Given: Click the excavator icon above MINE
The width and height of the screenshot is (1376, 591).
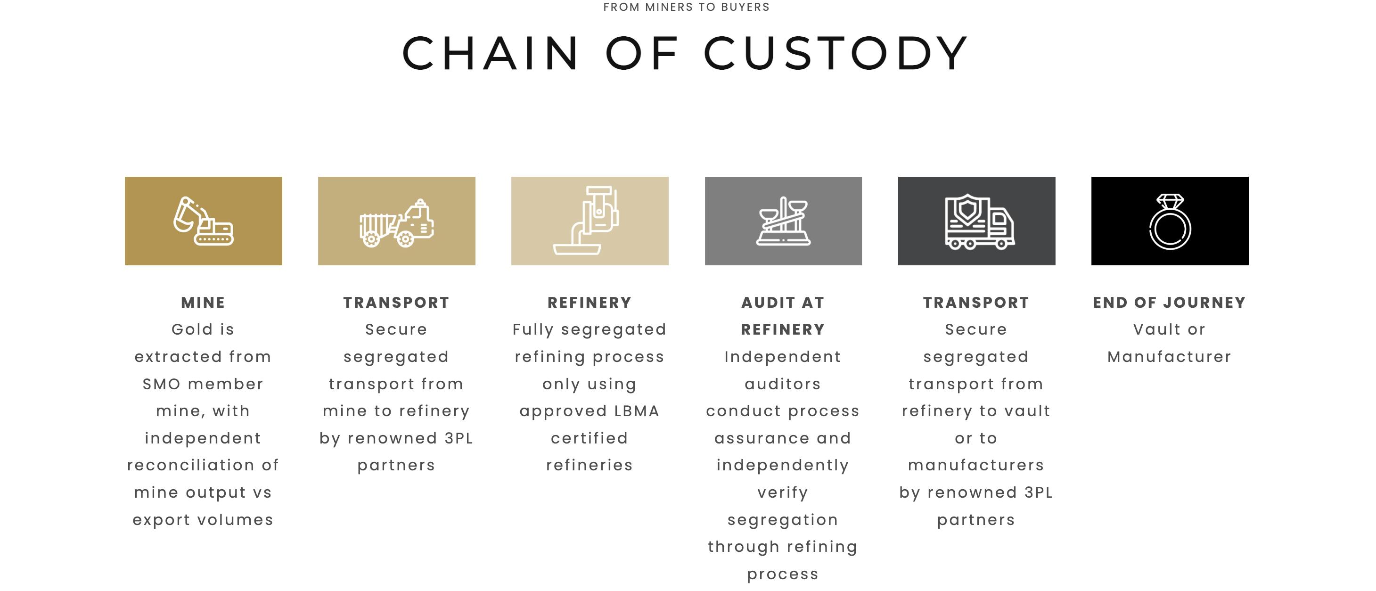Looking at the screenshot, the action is (203, 221).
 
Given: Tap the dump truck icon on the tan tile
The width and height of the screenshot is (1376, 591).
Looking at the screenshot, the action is (396, 223).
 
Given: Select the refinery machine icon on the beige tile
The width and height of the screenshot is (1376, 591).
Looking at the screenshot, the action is (586, 220).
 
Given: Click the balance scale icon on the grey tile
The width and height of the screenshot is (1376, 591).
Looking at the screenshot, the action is (783, 221).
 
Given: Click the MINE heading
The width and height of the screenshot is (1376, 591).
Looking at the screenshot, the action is (203, 303).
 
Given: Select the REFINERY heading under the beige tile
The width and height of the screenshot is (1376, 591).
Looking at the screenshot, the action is (590, 303).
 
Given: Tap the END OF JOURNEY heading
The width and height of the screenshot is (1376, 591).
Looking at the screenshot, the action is (1169, 303).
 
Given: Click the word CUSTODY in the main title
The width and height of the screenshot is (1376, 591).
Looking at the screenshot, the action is (836, 53).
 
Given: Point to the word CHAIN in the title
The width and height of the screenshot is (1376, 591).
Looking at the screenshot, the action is (491, 53).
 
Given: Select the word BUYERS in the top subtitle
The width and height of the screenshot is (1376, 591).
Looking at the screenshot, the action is (745, 7).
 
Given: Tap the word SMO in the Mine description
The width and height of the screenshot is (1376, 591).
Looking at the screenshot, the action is (162, 384).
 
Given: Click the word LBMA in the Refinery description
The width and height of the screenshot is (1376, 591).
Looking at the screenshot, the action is (637, 411).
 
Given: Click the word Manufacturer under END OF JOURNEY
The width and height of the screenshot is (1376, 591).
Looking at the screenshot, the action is (1169, 357).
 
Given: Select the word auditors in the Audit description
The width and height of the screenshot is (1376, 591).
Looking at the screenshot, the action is (783, 384).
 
